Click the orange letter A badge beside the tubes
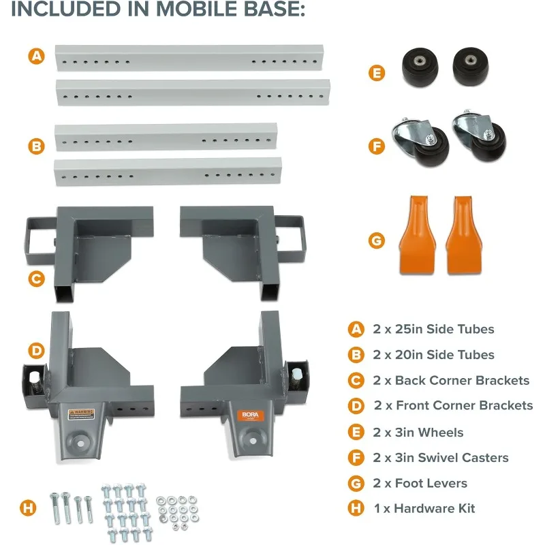click(x=37, y=57)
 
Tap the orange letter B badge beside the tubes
click(x=37, y=145)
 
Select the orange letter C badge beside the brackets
click(x=37, y=278)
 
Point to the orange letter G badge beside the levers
click(x=377, y=241)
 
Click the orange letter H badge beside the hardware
click(x=28, y=508)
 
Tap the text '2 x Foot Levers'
click(x=420, y=483)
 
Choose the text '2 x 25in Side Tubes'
click(x=433, y=329)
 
